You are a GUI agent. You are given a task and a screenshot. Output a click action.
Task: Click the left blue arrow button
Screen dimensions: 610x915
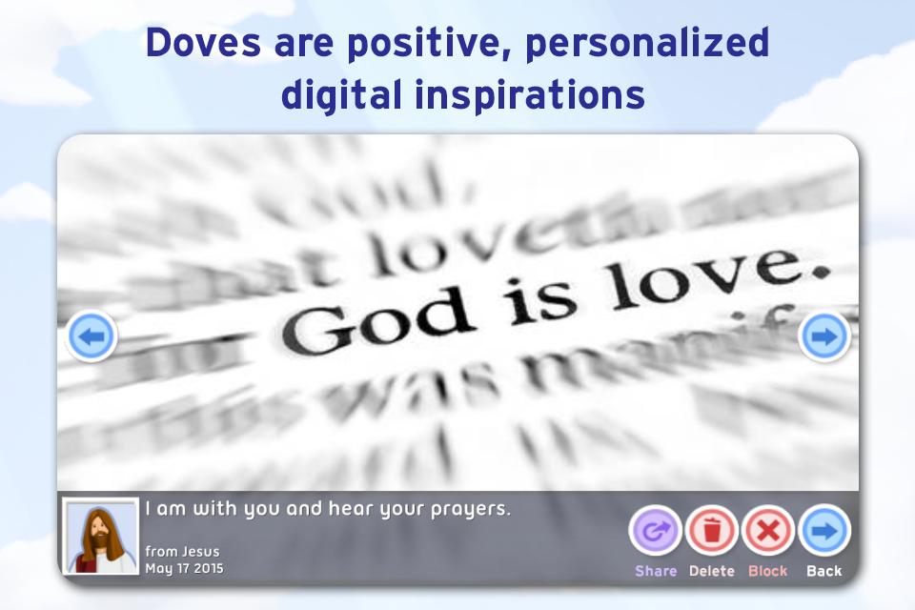coord(91,336)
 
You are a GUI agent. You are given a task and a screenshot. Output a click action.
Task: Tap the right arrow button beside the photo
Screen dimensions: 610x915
coord(823,336)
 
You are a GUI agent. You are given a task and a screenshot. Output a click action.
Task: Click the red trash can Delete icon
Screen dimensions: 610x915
coord(712,530)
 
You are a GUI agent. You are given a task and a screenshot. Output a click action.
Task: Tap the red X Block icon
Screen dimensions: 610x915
coord(768,530)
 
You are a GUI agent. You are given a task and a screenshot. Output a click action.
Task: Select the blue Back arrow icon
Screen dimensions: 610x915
coord(823,530)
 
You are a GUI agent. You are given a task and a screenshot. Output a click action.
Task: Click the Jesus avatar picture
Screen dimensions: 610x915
coord(100,537)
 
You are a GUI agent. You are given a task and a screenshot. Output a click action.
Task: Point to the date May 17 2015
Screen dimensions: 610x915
coord(184,569)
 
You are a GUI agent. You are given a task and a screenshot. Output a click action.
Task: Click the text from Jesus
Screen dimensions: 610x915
coord(182,552)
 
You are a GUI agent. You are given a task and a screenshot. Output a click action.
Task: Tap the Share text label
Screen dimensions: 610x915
coord(656,571)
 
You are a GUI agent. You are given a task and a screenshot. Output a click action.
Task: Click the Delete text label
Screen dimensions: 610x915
coord(712,571)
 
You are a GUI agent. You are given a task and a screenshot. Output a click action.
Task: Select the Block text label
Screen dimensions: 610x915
coord(768,571)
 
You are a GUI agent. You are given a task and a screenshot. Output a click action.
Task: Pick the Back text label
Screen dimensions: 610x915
coord(824,571)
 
